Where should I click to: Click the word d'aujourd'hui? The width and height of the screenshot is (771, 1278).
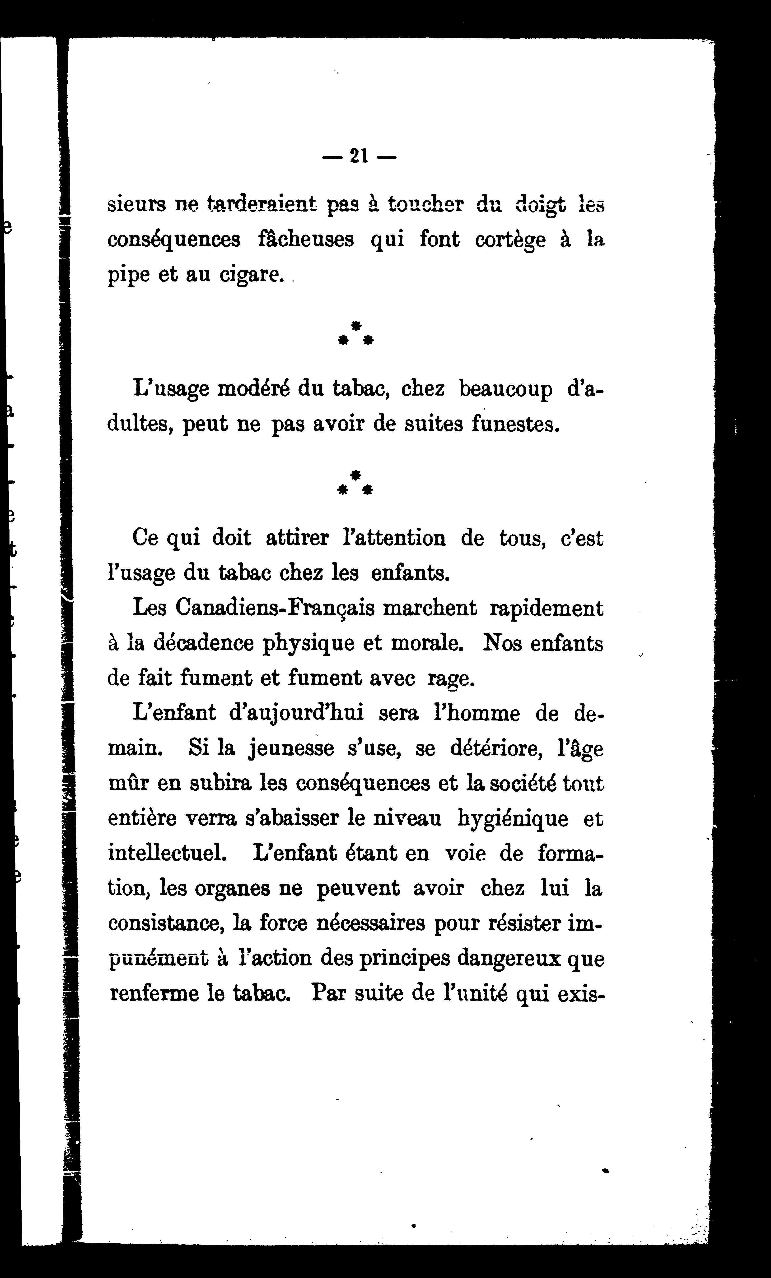point(296,714)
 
